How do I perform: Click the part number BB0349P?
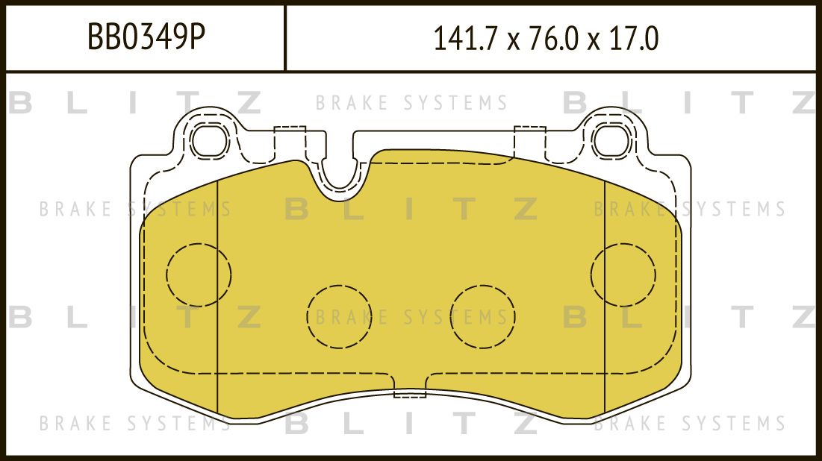coord(146,38)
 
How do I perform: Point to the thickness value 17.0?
coord(634,39)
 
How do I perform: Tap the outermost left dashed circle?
coord(198,275)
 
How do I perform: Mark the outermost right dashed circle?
coord(623,275)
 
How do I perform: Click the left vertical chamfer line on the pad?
coord(217,298)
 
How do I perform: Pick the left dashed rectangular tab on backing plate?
coord(290,141)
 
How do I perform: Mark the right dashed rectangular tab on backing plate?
coord(530,141)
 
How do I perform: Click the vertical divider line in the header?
coord(286,38)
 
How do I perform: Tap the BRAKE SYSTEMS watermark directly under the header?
coord(411,103)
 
